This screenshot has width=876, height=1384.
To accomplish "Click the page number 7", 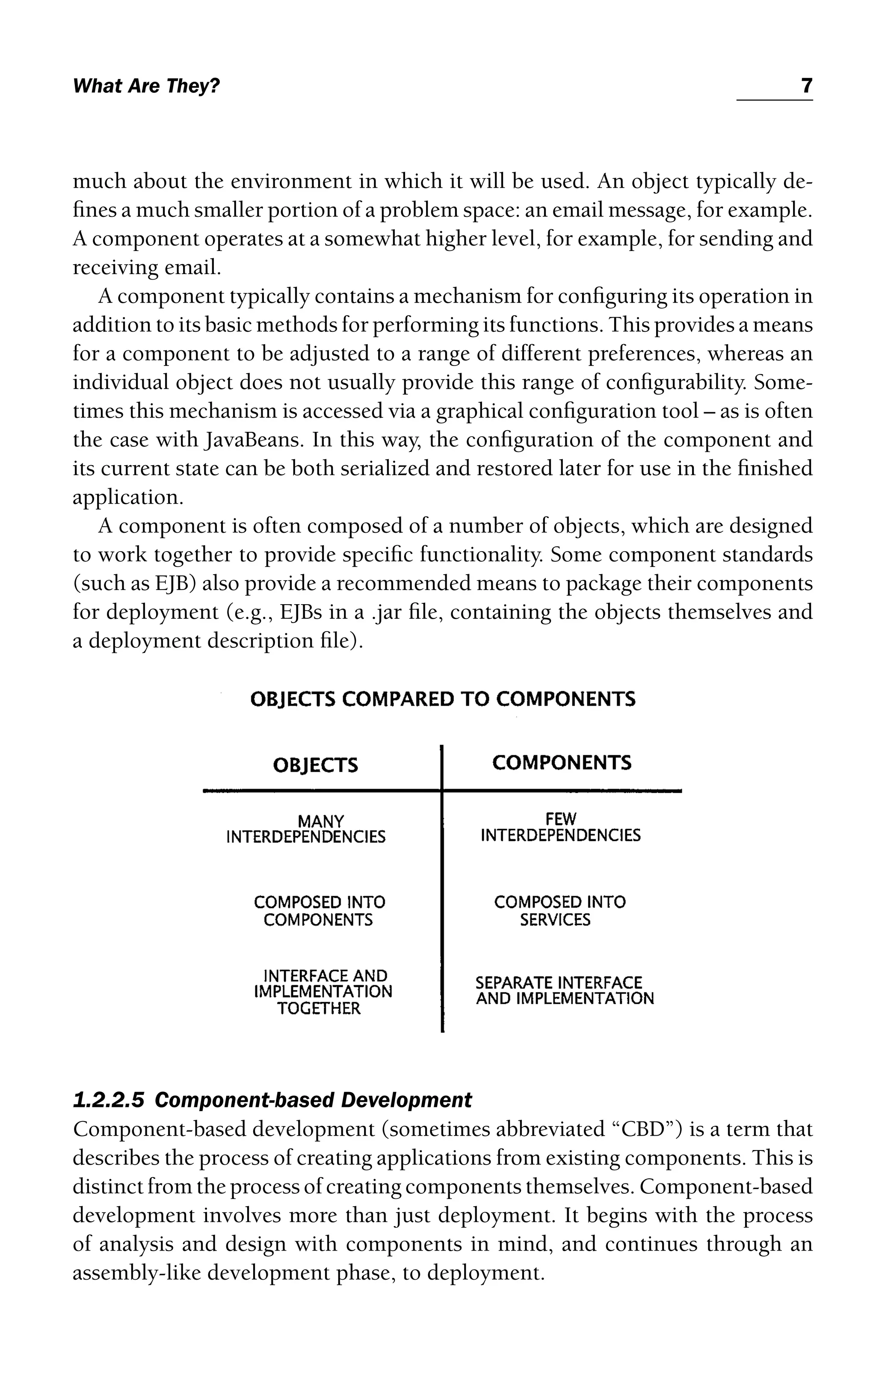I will [806, 86].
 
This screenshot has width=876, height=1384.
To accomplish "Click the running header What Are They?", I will [147, 87].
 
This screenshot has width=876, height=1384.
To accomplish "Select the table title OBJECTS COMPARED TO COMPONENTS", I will [443, 699].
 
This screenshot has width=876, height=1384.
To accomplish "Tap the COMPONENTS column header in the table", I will [562, 763].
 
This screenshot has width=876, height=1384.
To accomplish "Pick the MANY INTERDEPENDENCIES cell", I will [306, 829].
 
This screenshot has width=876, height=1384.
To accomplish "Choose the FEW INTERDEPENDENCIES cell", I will [560, 827].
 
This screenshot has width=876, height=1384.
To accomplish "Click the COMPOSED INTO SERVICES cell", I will [559, 911].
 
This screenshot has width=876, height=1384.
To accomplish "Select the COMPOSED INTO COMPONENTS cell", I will [319, 911].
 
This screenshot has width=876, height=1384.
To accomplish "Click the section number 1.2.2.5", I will [109, 1100].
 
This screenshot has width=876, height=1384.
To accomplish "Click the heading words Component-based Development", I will [313, 1100].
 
